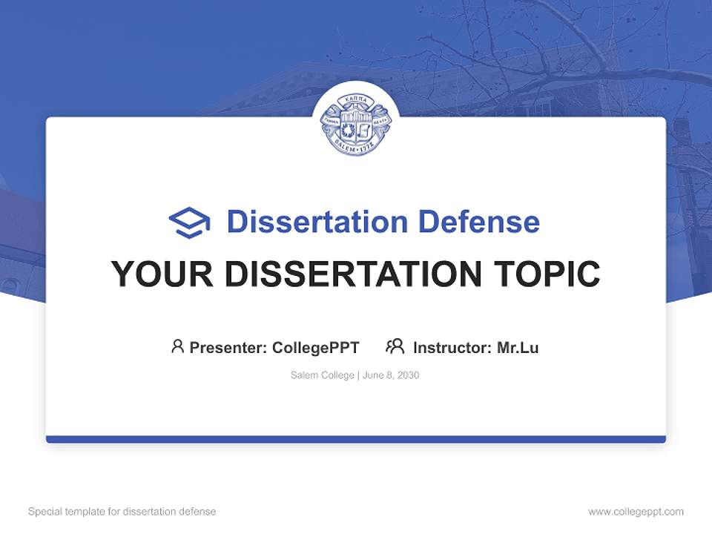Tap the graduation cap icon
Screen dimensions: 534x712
click(x=189, y=222)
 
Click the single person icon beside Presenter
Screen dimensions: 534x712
click(x=177, y=346)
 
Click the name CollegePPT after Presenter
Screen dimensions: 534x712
click(x=316, y=347)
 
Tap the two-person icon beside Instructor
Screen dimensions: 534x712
click(x=395, y=346)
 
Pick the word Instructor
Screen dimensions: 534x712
click(x=452, y=347)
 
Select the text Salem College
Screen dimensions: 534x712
click(x=323, y=375)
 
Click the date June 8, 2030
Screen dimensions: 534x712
click(x=391, y=375)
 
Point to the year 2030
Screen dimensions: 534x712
click(x=408, y=375)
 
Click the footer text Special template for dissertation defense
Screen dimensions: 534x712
click(x=122, y=512)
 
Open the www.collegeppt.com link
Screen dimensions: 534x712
click(x=636, y=512)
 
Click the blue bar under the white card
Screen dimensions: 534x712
click(x=356, y=439)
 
